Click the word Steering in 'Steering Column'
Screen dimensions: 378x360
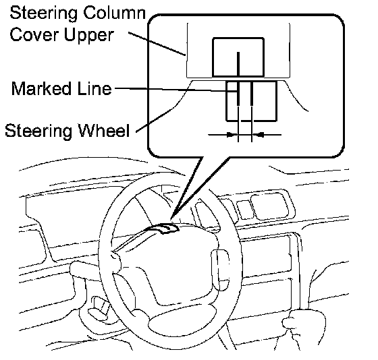(x=44, y=13)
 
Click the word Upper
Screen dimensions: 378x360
(x=88, y=36)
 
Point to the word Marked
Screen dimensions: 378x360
(x=41, y=88)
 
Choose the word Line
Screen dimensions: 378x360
(x=94, y=88)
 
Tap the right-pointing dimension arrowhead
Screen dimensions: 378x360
(x=232, y=134)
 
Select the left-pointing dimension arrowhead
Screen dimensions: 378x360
(x=259, y=134)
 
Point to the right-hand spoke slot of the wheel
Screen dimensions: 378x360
(x=220, y=270)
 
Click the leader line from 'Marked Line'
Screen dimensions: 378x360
(x=175, y=90)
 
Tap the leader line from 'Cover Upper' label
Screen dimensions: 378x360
(x=157, y=44)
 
